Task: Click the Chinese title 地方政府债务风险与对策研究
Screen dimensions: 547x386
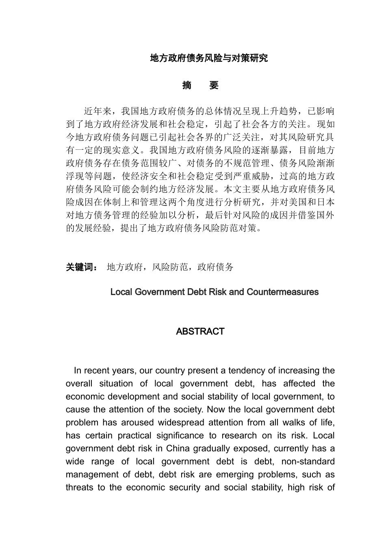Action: [x=209, y=58]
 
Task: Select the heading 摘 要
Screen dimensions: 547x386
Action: [x=200, y=85]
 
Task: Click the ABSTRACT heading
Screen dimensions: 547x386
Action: [x=200, y=331]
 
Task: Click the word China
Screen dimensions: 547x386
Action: [x=179, y=449]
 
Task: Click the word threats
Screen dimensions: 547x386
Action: [x=79, y=488]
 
